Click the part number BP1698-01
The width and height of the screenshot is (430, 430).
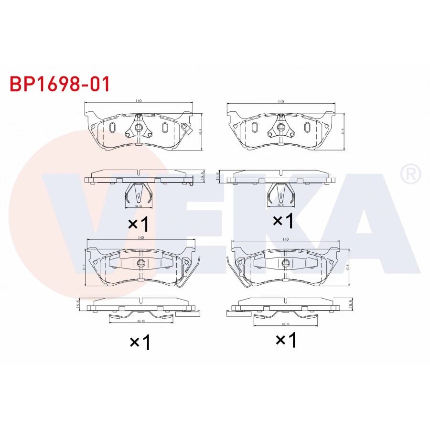60,84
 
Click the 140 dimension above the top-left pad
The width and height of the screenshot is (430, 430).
138,101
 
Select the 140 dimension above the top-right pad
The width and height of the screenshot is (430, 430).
280,102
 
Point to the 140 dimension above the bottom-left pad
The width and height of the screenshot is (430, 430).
141,237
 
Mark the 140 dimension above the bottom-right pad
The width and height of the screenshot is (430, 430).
285,238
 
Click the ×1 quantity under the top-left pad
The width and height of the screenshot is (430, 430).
139,223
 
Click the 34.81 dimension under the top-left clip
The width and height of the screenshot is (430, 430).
138,206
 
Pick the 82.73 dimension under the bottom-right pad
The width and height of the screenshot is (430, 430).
286,324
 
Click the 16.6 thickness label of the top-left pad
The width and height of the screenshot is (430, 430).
203,176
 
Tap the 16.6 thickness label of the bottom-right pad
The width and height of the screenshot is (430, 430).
350,303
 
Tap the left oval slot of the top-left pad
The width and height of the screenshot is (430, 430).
112,128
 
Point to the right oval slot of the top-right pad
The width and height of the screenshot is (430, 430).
307,128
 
